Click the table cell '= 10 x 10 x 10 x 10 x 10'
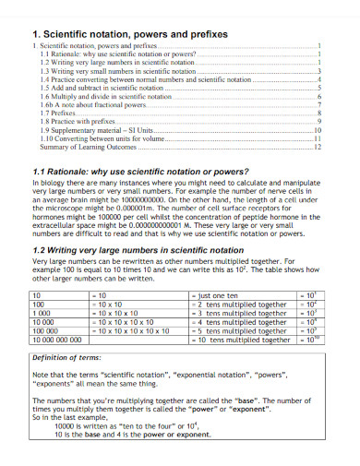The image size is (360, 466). pos(138,330)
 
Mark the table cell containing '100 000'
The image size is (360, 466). pos(46,330)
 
